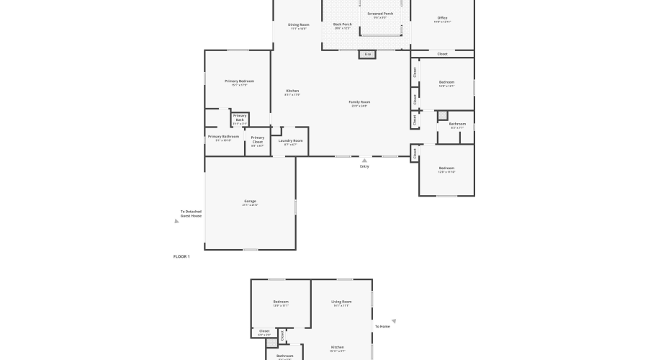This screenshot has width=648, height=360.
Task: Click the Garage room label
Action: tap(250, 202)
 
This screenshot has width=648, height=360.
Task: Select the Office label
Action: tap(442, 18)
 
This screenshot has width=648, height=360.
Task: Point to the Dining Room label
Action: tap(298, 24)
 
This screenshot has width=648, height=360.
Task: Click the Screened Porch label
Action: tap(380, 14)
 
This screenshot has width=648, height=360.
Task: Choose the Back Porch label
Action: tap(341, 24)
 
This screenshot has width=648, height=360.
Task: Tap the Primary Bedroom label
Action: tap(239, 81)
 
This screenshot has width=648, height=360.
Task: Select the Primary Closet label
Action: tap(258, 139)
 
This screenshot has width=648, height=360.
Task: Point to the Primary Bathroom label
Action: tap(223, 137)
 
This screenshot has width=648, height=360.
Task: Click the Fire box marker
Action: tap(367, 54)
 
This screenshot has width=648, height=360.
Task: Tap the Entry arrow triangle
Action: tap(364, 161)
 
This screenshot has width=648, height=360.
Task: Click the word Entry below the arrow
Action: tap(364, 167)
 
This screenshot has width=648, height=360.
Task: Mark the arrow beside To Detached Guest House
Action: tap(176, 222)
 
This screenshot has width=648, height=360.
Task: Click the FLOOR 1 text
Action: tap(181, 256)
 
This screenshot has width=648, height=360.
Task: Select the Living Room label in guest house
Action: tap(341, 302)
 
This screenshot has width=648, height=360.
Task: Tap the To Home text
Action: tap(382, 327)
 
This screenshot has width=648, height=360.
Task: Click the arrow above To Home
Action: tap(394, 321)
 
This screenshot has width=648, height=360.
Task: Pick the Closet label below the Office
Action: tap(442, 54)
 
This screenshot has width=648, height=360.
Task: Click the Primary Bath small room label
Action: tap(240, 117)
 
